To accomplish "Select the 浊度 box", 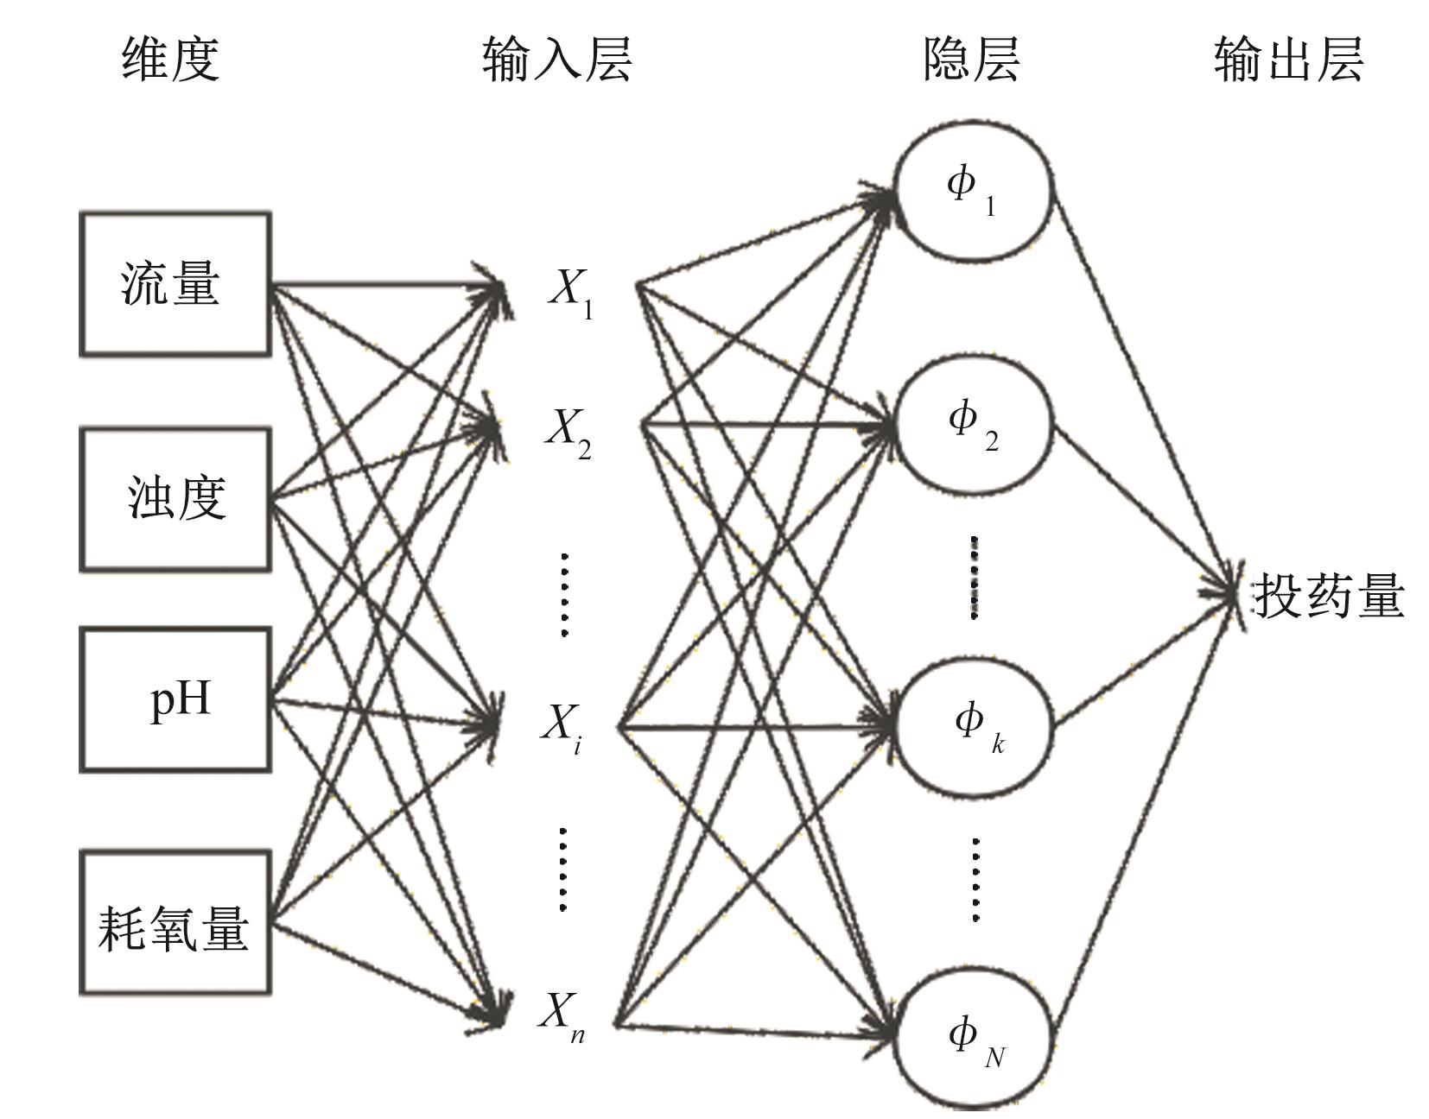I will [x=175, y=498].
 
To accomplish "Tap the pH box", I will [x=175, y=699].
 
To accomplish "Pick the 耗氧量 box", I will [x=175, y=923].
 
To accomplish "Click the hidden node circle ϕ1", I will [x=974, y=190].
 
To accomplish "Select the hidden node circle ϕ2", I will [x=974, y=423].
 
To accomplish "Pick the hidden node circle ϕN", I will [x=974, y=1036].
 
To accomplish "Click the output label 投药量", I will [x=1329, y=596].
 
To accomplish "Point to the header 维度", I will [x=170, y=59].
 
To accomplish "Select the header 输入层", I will [x=557, y=59].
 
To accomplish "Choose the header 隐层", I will [x=971, y=59].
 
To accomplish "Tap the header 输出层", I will [x=1288, y=59].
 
